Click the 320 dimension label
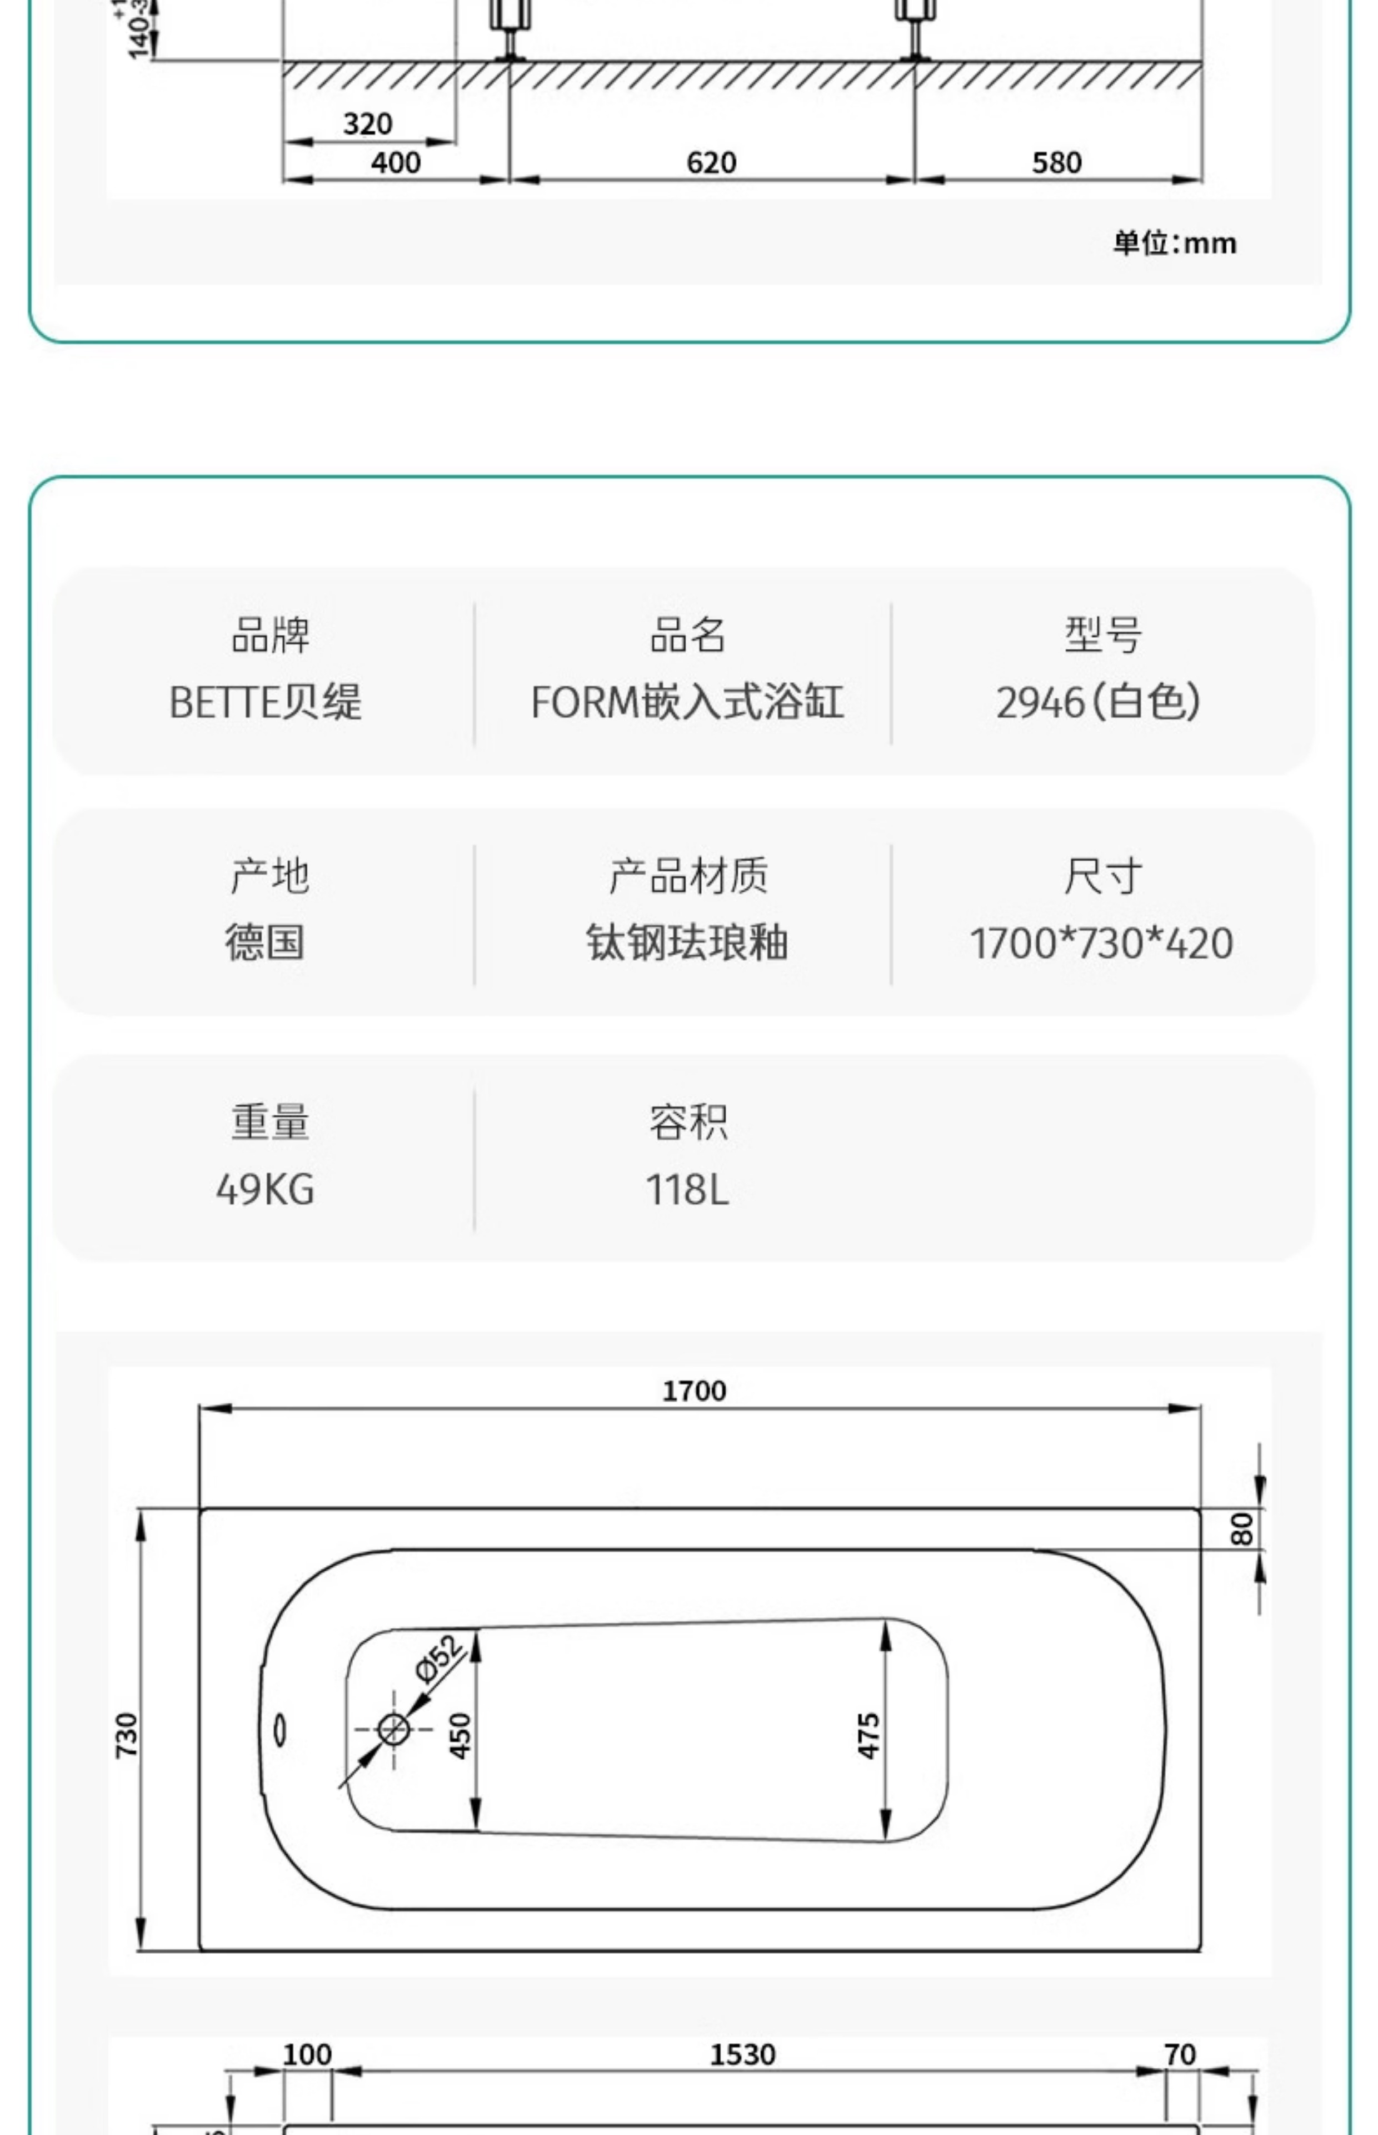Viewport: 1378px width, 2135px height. (368, 123)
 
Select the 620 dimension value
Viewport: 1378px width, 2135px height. (711, 163)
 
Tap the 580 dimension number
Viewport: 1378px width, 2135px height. (1057, 163)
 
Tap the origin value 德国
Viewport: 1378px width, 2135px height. (265, 942)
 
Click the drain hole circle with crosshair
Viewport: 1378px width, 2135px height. (394, 1729)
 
